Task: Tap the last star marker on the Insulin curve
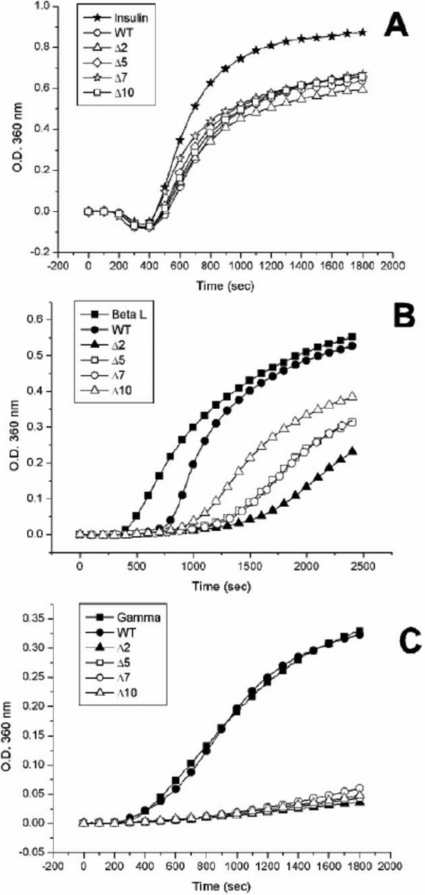(363, 32)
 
